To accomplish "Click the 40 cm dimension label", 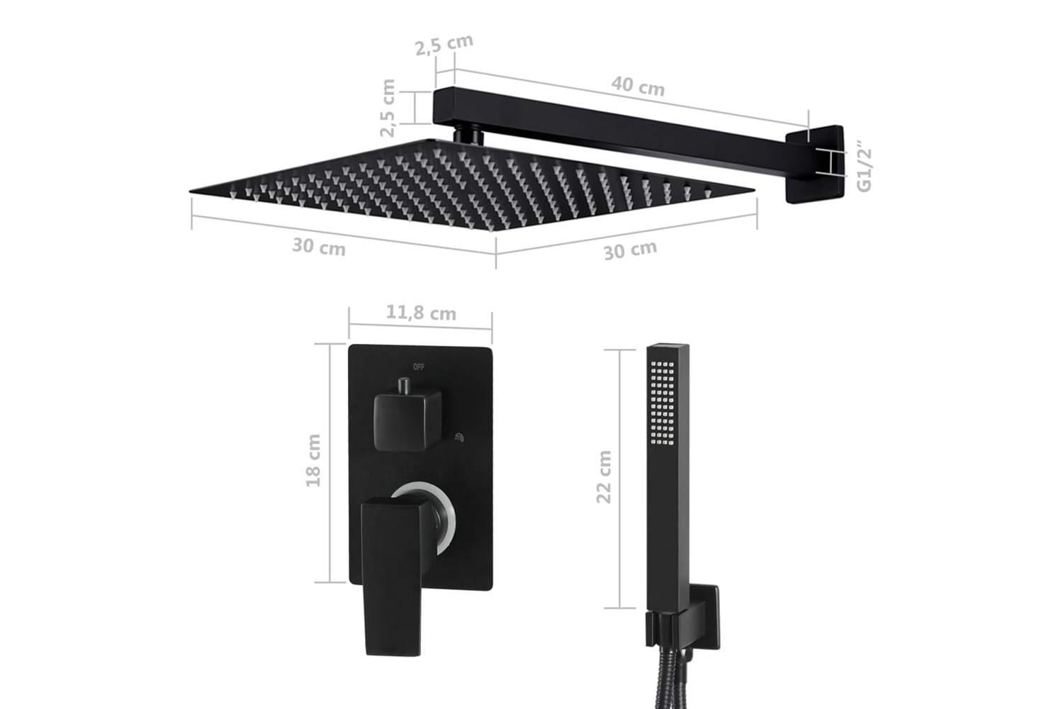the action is tap(638, 86).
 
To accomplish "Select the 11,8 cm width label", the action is tap(421, 313).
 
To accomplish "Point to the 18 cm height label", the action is tap(313, 460).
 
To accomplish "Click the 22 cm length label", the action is tap(604, 476).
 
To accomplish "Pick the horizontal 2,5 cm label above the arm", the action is tap(444, 45).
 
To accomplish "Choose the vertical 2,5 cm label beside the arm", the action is tap(388, 108).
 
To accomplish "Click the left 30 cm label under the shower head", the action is tap(319, 247).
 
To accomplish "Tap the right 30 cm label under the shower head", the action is tap(630, 250).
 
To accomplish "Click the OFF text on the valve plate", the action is tap(419, 367).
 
